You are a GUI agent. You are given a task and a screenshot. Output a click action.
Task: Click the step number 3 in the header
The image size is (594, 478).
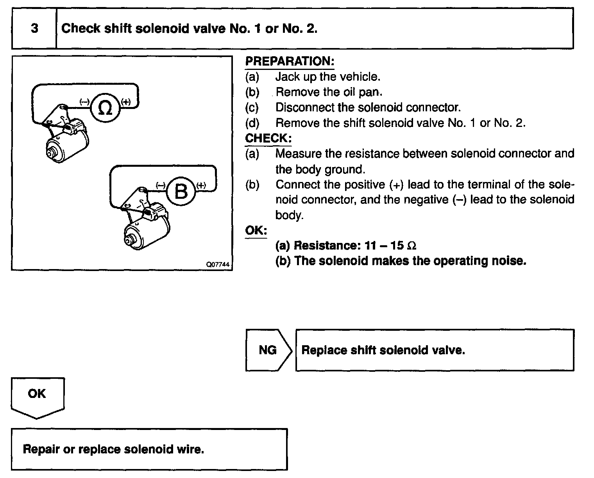34,29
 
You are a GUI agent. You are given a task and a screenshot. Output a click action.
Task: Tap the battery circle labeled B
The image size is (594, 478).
181,191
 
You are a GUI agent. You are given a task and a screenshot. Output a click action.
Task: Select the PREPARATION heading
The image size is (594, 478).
290,61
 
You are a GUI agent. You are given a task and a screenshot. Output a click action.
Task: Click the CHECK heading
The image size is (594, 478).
268,138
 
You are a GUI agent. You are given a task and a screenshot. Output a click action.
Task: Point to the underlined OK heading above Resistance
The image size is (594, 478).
256,230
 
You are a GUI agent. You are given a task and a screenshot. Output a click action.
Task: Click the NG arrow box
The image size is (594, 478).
268,350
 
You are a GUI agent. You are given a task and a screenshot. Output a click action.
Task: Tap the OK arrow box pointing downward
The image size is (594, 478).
37,395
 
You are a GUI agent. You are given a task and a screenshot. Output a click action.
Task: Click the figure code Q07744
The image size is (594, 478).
218,264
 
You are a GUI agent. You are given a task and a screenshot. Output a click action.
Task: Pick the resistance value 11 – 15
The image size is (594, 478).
384,246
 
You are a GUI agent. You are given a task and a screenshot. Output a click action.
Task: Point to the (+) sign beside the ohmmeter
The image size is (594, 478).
126,102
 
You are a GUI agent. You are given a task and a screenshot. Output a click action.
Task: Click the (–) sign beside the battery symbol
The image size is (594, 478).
161,185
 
